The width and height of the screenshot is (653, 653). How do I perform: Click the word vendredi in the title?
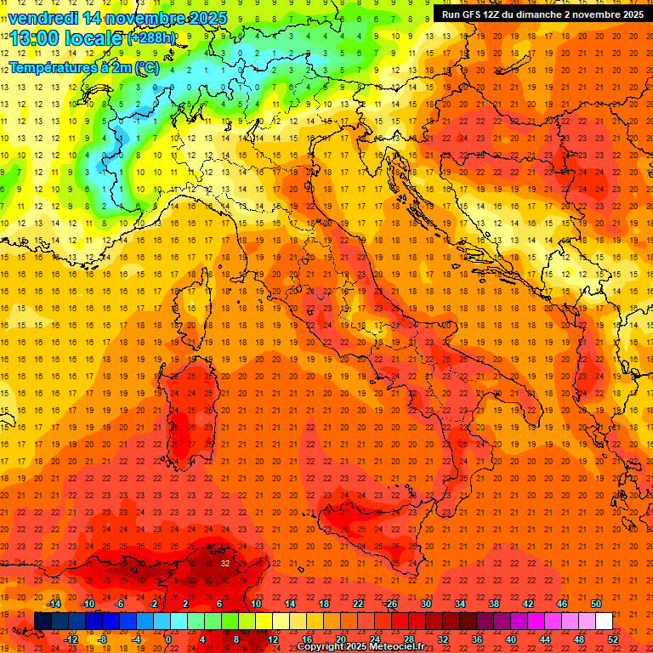[x=43, y=18]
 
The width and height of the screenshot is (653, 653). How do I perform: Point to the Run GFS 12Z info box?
[x=542, y=14]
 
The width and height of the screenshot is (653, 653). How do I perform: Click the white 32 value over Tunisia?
[x=224, y=563]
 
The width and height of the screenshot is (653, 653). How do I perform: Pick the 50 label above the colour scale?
[x=596, y=604]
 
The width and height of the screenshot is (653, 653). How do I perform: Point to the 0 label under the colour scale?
[x=168, y=639]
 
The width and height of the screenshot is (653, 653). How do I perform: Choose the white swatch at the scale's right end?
[x=604, y=622]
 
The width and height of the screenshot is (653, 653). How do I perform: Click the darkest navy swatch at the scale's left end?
[x=43, y=622]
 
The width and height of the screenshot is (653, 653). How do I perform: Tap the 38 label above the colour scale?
[x=494, y=604]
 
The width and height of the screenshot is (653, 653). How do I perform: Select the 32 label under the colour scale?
[x=443, y=639]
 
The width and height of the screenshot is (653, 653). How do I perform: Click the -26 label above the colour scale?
[x=390, y=604]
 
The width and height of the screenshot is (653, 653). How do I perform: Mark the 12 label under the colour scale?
[x=273, y=639]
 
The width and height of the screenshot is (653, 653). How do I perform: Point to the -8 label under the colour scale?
[x=103, y=639]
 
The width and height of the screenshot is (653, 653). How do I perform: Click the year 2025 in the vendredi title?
[x=207, y=18]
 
